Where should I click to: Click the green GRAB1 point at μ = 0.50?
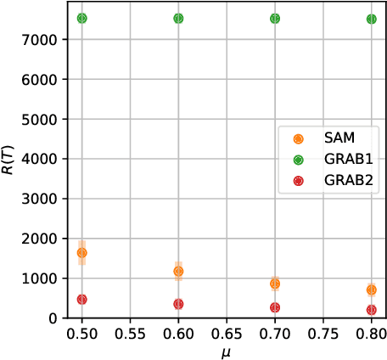[x=82, y=18]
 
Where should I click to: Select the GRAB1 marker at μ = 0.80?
[x=372, y=19]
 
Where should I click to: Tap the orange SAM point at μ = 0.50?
[x=82, y=253]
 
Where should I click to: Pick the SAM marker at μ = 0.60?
[x=178, y=272]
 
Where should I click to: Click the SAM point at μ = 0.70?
[x=275, y=284]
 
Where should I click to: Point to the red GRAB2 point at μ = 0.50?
[x=82, y=299]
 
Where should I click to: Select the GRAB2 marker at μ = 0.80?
[x=372, y=310]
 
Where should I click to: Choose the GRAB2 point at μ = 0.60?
[x=178, y=304]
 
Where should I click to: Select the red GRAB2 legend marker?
[x=296, y=179]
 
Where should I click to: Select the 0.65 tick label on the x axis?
[x=227, y=331]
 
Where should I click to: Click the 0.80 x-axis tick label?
[x=372, y=331]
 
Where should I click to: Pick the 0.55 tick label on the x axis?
[x=130, y=331]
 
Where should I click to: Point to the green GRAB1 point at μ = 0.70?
[x=275, y=18]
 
